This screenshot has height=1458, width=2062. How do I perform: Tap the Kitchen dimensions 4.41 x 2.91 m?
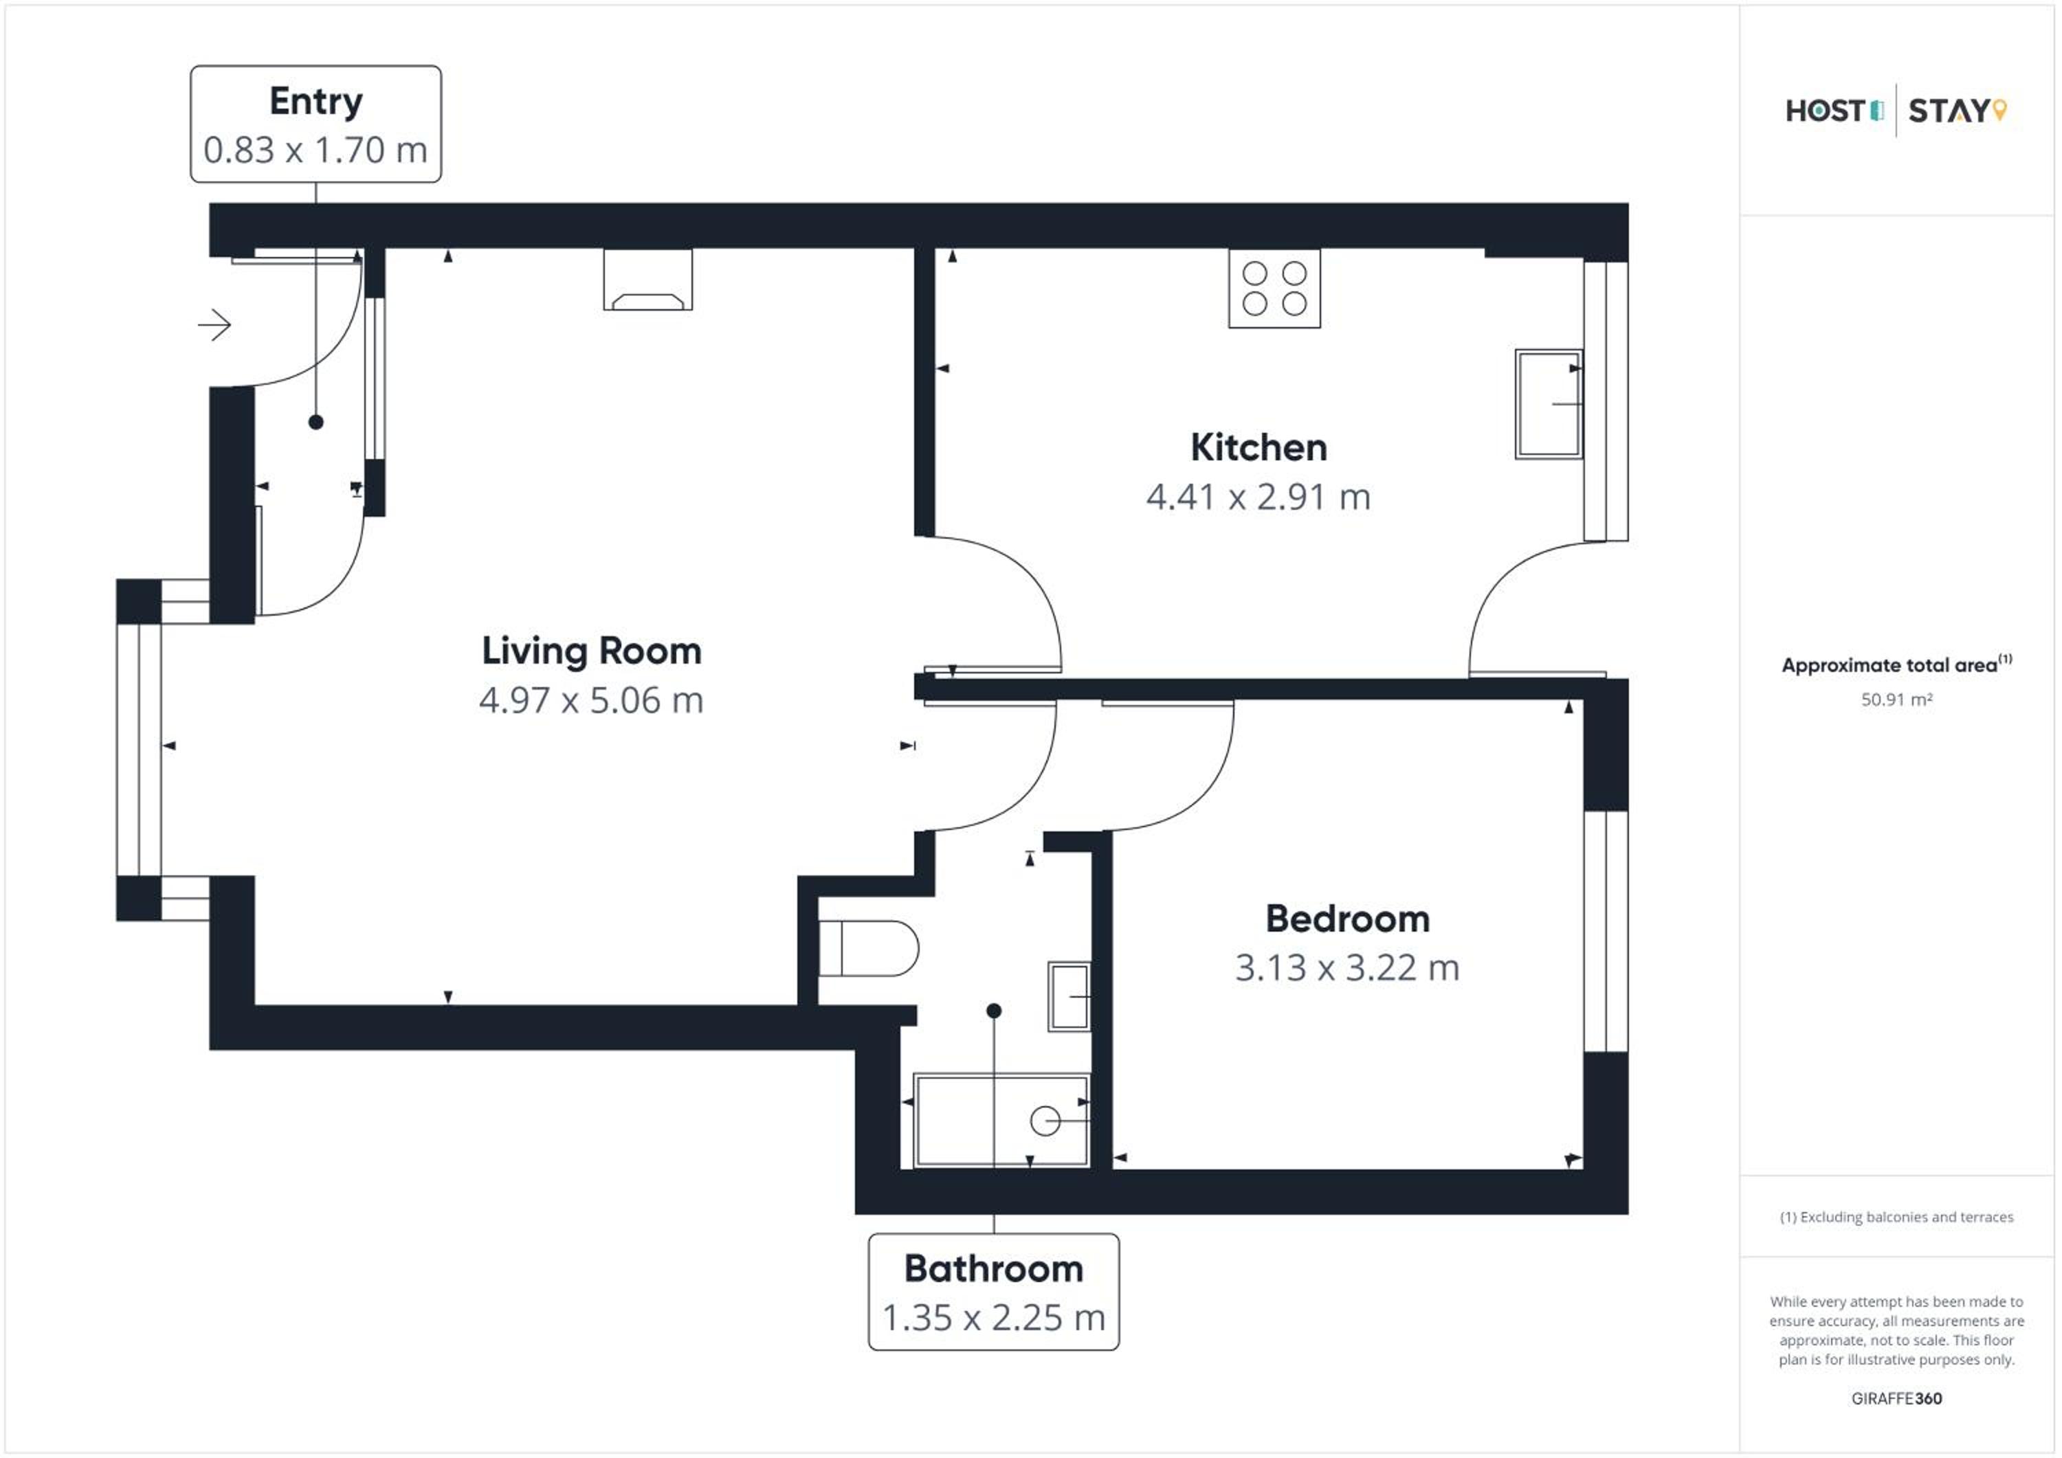1259,497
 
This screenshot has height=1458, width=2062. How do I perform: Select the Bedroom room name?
1347,919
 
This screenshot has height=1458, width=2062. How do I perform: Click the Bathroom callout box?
993,1291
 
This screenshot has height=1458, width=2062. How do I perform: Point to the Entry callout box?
315,124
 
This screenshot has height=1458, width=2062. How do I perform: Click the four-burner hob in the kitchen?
1274,288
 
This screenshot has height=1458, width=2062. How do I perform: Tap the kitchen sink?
1549,404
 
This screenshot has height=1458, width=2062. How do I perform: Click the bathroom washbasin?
1069,996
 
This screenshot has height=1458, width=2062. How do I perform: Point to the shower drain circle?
1045,1121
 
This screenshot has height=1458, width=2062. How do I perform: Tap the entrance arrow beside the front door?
214,325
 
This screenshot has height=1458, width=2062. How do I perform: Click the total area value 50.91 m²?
1896,699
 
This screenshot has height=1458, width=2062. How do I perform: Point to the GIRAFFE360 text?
1896,1399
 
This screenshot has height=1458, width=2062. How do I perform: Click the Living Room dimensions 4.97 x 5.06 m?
591,700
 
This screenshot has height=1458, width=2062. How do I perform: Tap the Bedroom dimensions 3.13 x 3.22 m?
1347,968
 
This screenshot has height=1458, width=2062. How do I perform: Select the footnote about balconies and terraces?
1896,1218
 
